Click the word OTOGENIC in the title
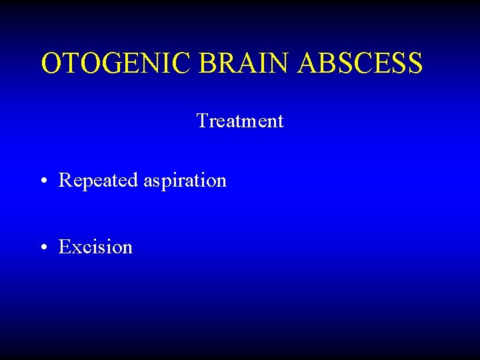tap(117, 64)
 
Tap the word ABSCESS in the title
tap(360, 64)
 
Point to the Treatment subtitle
tap(240, 121)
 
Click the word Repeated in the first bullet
tap(99, 181)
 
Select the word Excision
tap(95, 247)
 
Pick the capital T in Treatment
tap(201, 121)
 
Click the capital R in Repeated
tap(65, 181)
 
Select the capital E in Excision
tap(64, 247)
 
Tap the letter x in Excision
tap(75, 249)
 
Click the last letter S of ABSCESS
tap(414, 64)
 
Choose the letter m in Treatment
tap(250, 123)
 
